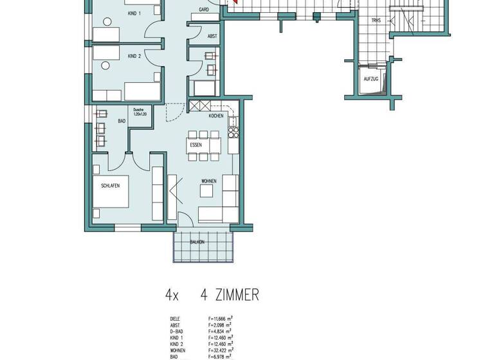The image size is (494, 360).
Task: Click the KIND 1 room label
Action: point(134,13)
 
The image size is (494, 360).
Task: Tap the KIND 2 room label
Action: point(134,57)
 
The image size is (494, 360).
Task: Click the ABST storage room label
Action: point(212,37)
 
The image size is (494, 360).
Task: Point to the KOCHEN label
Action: point(216,116)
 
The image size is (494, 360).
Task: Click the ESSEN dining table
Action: point(196,145)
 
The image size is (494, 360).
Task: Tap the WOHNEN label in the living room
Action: point(208,181)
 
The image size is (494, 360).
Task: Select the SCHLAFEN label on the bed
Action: point(110,186)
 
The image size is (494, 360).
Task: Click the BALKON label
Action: point(197,242)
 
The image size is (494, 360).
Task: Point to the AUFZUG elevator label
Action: point(371,79)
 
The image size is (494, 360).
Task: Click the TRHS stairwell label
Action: point(376,21)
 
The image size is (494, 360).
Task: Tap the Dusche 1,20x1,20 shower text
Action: point(140,112)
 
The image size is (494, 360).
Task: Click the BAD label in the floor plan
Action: point(121,120)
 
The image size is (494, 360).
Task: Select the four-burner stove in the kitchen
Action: point(233,132)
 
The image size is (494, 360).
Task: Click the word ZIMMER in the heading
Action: point(230,295)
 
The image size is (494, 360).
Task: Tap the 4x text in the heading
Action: point(171,295)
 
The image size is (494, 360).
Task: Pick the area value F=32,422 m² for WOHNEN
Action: point(221,350)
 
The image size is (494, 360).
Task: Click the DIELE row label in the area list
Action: point(175,319)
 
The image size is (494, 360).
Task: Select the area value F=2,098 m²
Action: point(220,325)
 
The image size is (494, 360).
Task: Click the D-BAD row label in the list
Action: point(176,332)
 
